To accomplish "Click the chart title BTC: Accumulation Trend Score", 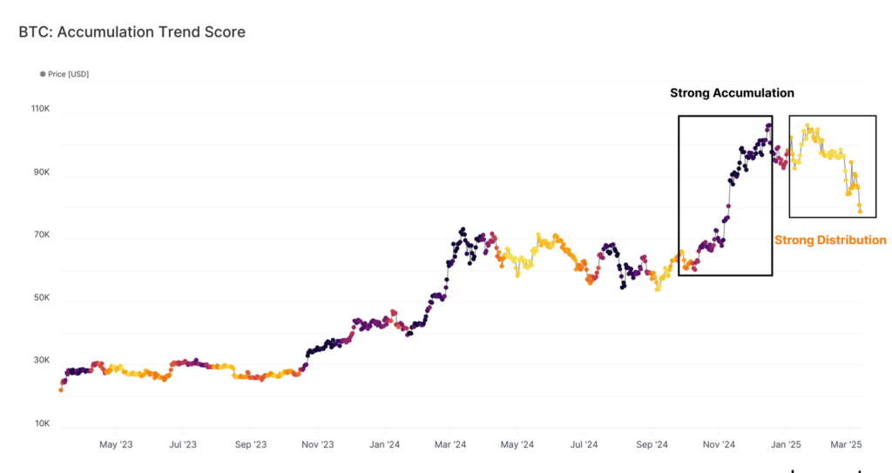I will [132, 32].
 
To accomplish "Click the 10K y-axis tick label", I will [42, 423].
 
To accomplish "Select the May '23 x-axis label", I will [116, 445].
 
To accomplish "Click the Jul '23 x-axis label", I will [182, 445].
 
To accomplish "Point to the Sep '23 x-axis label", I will [250, 445].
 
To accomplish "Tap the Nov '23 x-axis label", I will [317, 445].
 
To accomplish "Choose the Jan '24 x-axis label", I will [384, 445].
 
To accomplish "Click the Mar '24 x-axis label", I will [449, 445].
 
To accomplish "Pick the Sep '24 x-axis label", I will [652, 445].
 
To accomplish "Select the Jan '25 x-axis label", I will [787, 445].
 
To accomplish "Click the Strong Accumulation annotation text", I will [732, 92].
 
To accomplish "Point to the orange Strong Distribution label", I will [830, 240].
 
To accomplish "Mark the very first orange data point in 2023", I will [61, 389].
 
